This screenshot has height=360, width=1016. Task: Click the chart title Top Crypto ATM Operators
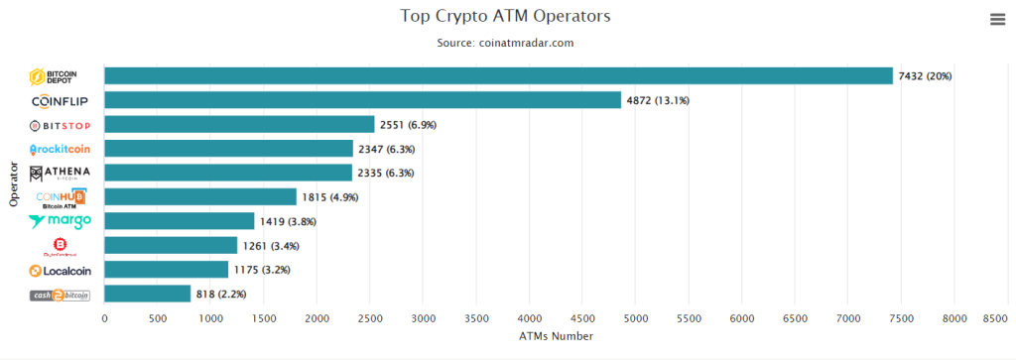[505, 16]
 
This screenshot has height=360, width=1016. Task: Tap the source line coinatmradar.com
[505, 43]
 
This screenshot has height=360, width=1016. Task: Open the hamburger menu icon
[997, 19]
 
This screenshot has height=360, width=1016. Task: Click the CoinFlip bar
[362, 100]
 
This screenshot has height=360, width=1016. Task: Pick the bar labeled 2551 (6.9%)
[239, 125]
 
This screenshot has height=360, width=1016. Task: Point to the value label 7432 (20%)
[925, 76]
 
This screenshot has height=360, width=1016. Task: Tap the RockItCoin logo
[61, 149]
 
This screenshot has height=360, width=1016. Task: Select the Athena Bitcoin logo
[61, 174]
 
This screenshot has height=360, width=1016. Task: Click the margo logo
[61, 221]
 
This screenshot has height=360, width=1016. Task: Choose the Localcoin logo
[61, 270]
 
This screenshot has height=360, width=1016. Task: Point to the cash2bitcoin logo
[61, 295]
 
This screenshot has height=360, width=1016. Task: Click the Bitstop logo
[61, 125]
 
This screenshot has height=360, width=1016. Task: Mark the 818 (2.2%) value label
[220, 295]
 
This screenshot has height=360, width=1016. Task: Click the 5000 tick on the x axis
[635, 319]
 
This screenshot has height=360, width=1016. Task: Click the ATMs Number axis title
[555, 336]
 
